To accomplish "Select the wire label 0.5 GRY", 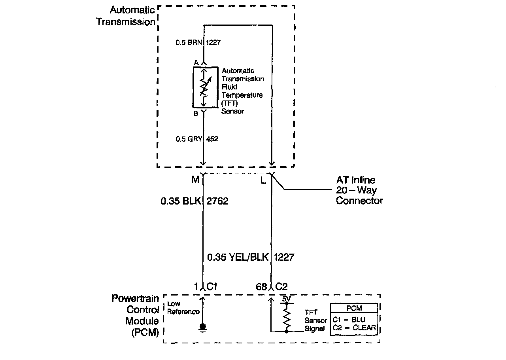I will click(x=189, y=139).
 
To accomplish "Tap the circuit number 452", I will click(x=212, y=139).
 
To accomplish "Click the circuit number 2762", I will click(x=217, y=201).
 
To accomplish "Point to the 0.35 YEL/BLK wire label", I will click(x=238, y=257).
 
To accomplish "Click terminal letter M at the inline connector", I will click(x=195, y=180).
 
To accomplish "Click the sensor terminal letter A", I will click(x=196, y=63).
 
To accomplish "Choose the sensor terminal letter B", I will click(x=196, y=114).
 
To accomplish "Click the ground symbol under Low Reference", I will click(x=203, y=328).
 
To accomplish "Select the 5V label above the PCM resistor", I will click(x=286, y=299).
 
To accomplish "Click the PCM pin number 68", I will click(x=261, y=287).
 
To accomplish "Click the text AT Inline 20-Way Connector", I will click(x=359, y=190).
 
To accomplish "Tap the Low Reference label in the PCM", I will click(x=183, y=308).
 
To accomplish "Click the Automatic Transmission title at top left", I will click(x=126, y=16).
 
